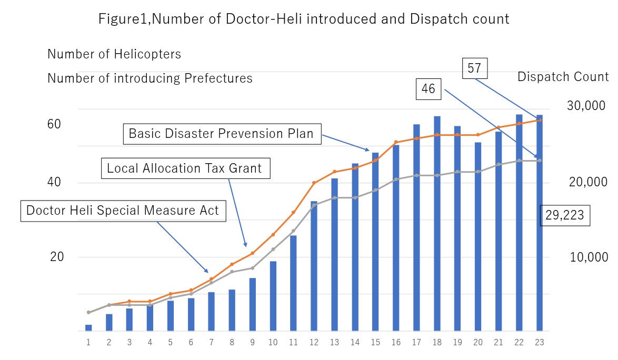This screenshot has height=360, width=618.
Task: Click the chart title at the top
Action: coord(304,19)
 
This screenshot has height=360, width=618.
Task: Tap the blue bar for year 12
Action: coord(314,266)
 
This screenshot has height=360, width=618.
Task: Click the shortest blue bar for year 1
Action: coord(88,327)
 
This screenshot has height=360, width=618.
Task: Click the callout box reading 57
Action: coord(475,69)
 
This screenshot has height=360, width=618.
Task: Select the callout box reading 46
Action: coord(428,89)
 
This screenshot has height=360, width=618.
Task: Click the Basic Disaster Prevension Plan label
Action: coord(221,134)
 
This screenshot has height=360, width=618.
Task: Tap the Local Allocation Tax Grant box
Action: coord(184,168)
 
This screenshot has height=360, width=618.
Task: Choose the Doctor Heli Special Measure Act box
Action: coord(123,211)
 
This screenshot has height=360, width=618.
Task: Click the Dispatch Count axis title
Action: coord(563,77)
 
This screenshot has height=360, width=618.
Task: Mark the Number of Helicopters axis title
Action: coord(114,54)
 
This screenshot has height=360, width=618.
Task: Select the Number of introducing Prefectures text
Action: coord(150,78)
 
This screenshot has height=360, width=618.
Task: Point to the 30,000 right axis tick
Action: coord(586,106)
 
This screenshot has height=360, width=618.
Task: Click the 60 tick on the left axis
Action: coord(54,124)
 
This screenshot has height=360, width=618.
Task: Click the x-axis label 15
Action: coord(375,343)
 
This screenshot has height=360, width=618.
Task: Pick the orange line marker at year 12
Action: coord(314,183)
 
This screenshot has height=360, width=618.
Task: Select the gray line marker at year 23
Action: coord(539,161)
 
